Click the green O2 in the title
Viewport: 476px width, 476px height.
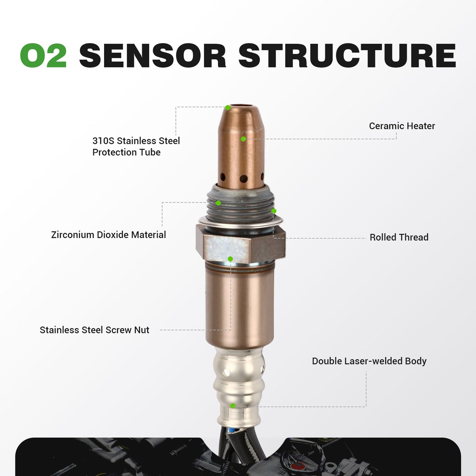click(43, 56)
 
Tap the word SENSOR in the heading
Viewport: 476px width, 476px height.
click(152, 56)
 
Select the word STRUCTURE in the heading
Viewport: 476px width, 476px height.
click(347, 56)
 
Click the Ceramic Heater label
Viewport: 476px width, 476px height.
click(402, 126)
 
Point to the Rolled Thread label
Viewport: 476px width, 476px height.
click(399, 237)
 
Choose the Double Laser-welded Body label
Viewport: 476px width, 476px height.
click(369, 361)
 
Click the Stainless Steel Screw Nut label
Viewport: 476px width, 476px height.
click(94, 330)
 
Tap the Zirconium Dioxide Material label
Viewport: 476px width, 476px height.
click(108, 235)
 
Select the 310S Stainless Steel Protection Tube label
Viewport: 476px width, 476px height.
click(136, 146)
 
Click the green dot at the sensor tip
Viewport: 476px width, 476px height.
click(228, 108)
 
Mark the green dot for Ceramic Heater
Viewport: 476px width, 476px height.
click(243, 139)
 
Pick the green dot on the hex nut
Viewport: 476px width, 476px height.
click(230, 259)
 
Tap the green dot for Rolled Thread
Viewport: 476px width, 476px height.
click(274, 211)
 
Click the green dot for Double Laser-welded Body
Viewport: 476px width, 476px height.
click(233, 406)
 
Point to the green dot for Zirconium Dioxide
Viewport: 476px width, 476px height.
click(218, 203)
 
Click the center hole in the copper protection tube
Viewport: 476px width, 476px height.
click(243, 179)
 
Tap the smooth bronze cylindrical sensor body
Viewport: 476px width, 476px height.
click(240, 306)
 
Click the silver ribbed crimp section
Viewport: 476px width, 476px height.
click(238, 379)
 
